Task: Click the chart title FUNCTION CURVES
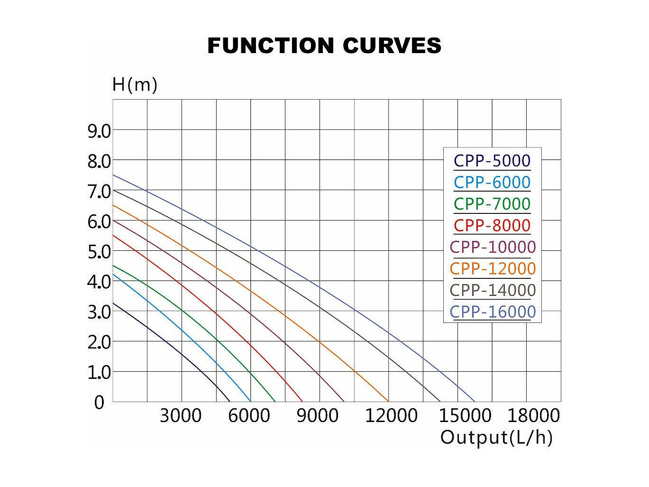324,46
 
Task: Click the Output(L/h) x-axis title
496,437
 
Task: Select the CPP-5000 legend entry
492,161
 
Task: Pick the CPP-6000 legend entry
492,183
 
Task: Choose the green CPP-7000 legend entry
492,204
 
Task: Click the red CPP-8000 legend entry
492,226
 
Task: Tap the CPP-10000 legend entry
493,247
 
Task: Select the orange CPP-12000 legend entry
493,269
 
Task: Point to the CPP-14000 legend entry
493,290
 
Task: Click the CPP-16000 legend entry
493,312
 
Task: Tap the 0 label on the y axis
99,403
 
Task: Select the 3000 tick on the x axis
181,416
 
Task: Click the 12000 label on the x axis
391,416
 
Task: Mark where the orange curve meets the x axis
389,402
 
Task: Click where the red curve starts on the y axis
113,235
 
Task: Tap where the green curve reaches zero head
275,402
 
